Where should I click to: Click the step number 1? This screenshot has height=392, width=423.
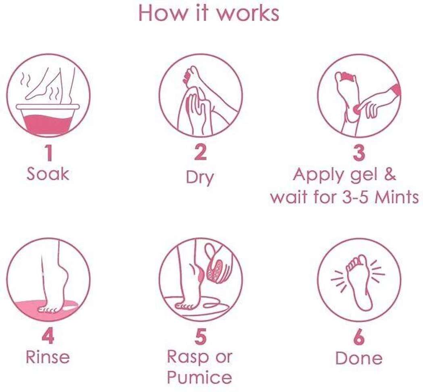tap(48, 153)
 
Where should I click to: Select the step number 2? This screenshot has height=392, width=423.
tap(200, 152)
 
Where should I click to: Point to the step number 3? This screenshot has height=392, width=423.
tap(359, 153)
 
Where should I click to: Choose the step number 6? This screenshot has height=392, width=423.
tap(359, 337)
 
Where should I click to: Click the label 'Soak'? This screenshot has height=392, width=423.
tap(48, 174)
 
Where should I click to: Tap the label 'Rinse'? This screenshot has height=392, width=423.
tap(48, 357)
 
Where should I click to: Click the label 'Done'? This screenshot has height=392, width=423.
tap(359, 358)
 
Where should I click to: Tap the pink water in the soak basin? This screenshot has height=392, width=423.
tap(48, 125)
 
